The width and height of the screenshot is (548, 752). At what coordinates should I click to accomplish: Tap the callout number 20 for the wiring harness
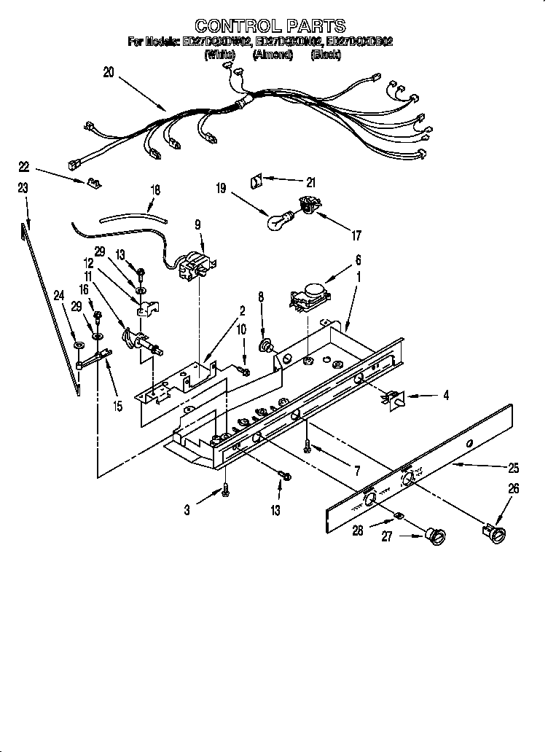[109, 71]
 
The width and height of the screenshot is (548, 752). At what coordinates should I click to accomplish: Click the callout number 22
[24, 167]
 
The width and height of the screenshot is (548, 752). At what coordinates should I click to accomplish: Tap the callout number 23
[23, 188]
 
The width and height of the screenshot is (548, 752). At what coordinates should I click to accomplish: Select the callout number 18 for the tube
[154, 188]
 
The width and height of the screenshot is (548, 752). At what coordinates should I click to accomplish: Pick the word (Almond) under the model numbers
[273, 55]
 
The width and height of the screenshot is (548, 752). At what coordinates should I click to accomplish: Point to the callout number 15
[117, 407]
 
